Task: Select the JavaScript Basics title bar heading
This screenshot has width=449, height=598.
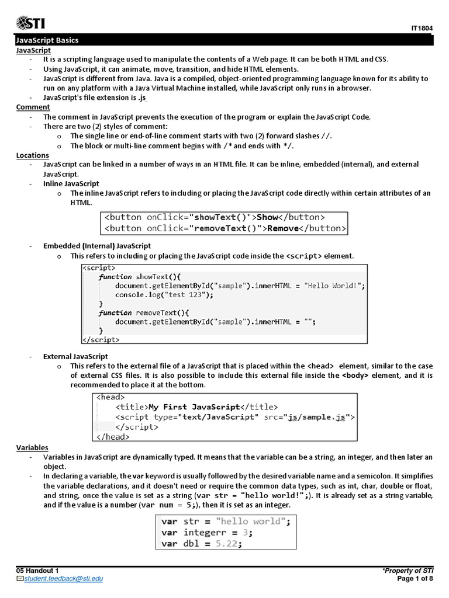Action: point(47,40)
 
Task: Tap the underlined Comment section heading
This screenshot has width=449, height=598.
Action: point(33,107)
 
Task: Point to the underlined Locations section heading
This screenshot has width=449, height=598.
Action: point(34,155)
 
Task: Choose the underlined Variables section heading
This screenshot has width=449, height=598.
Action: point(32,447)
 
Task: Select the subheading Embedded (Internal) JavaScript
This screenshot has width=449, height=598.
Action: point(97,246)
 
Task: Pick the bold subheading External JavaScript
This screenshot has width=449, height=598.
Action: point(75,356)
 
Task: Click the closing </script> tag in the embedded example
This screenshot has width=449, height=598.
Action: point(101,339)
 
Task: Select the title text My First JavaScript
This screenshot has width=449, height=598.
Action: point(194,406)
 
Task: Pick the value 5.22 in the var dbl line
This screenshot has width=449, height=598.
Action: point(226,543)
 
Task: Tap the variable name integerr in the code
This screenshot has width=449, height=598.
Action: point(203,532)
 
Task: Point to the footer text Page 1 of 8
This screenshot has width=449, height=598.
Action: point(415,579)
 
